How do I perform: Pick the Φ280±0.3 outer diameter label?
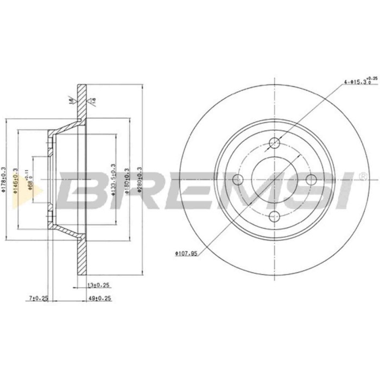[140, 176]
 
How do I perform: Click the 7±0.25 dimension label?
[39, 298]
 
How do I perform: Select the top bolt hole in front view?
[275, 144]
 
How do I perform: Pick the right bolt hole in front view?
[311, 180]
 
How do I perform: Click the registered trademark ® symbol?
[362, 176]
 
